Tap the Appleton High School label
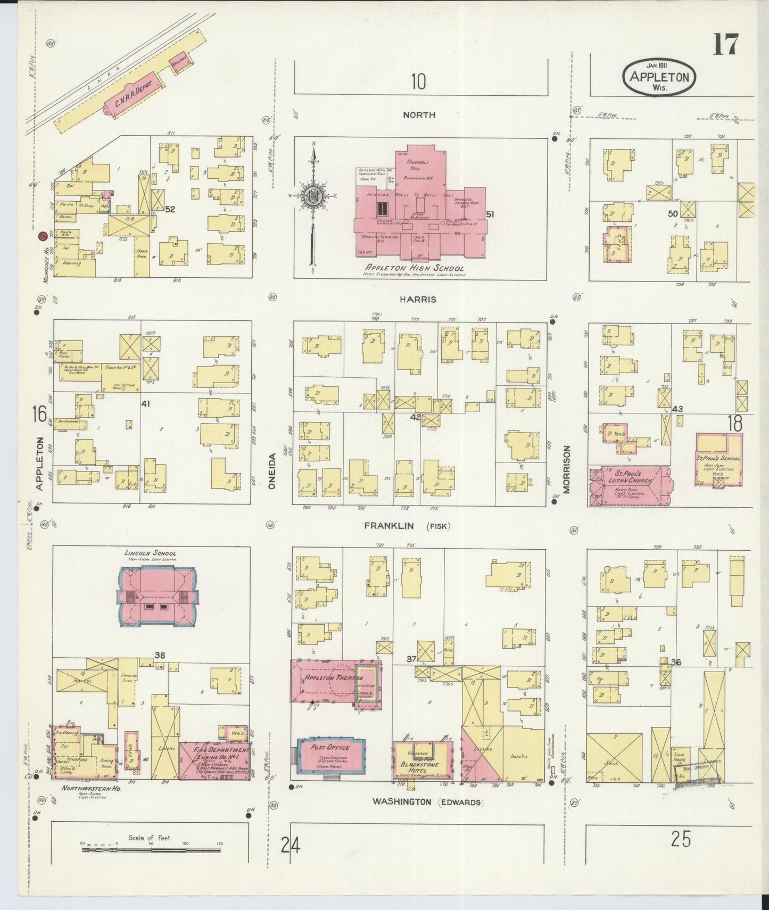pyautogui.click(x=415, y=268)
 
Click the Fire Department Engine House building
pyautogui.click(x=214, y=759)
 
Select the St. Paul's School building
pyautogui.click(x=718, y=459)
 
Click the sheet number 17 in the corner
pyautogui.click(x=725, y=44)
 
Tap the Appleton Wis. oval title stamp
pyautogui.click(x=659, y=77)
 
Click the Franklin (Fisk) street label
pyautogui.click(x=407, y=526)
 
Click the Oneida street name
pyautogui.click(x=272, y=471)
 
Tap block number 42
pyautogui.click(x=415, y=417)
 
